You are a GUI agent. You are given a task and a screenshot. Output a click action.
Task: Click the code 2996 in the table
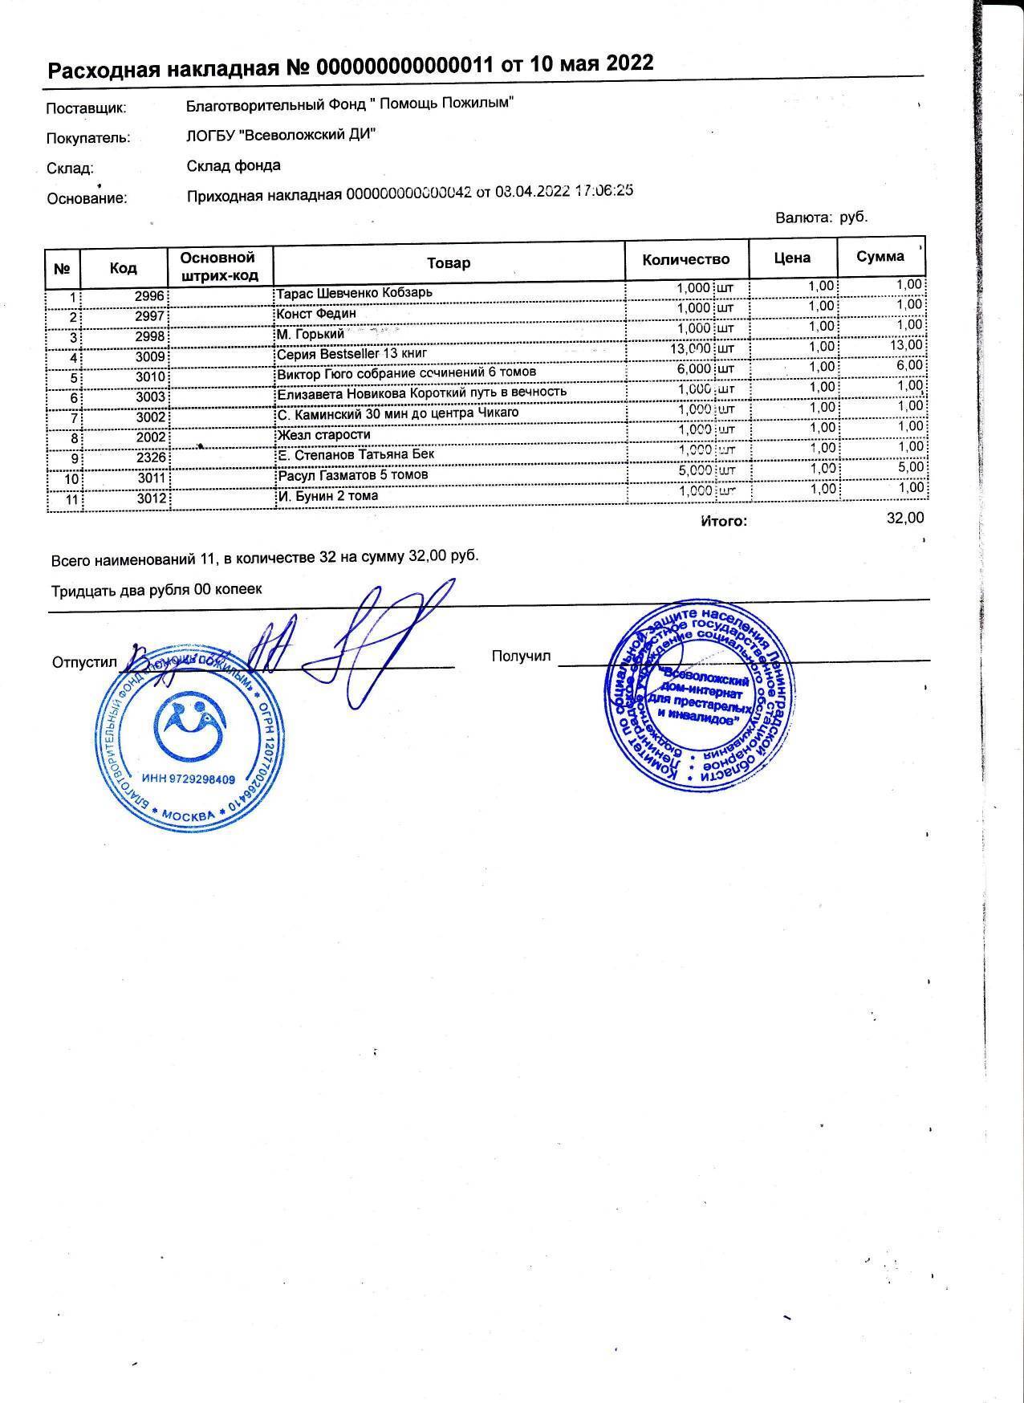[149, 296]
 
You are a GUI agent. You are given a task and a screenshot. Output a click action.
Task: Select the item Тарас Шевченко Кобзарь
[354, 293]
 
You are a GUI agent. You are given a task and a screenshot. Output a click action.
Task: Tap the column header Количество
[686, 259]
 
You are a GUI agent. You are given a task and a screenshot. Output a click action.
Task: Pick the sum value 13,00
[906, 345]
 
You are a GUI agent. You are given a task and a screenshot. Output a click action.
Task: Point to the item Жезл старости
[323, 435]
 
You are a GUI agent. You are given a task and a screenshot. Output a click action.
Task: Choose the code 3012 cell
[151, 498]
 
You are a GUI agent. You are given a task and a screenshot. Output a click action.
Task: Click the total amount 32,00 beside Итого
[904, 518]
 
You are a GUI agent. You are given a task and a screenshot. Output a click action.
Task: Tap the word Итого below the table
[724, 522]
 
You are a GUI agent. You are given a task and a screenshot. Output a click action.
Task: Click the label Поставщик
[87, 108]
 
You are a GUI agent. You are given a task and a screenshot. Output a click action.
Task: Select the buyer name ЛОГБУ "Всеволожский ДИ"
[281, 135]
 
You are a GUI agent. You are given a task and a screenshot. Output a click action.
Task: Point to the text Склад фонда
[234, 166]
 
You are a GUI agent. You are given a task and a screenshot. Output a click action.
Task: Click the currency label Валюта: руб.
[821, 218]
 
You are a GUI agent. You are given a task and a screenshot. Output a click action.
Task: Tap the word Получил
[521, 657]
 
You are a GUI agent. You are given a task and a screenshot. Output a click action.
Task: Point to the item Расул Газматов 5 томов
[352, 475]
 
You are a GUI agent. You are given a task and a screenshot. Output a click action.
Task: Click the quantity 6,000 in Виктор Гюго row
[693, 368]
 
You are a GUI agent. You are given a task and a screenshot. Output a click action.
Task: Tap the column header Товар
[449, 263]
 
